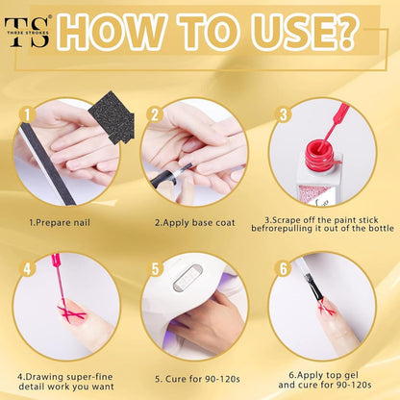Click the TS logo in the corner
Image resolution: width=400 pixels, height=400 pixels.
[27, 32]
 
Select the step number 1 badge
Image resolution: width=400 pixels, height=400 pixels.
[28, 114]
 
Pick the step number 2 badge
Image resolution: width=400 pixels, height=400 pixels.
[155, 114]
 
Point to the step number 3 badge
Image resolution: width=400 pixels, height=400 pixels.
[284, 114]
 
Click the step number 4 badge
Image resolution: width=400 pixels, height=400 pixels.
[28, 268]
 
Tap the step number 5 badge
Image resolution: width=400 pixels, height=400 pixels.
[155, 268]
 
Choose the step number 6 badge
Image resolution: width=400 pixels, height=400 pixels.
[284, 268]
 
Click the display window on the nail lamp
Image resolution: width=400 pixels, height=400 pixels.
[187, 277]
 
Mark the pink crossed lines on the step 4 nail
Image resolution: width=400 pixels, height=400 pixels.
[71, 312]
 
